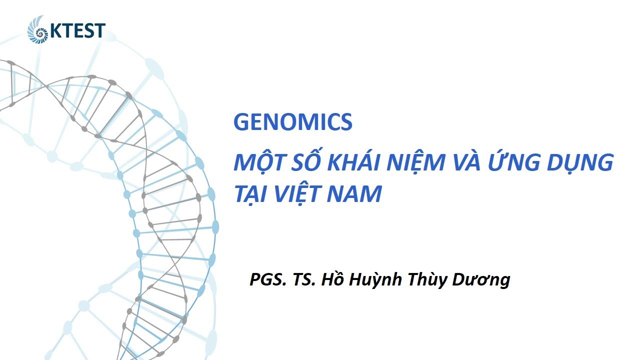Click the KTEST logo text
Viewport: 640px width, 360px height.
coord(77,31)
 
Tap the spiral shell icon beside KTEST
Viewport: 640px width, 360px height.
coord(38,29)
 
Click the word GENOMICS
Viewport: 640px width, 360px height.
coord(293,122)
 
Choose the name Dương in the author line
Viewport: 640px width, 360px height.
coord(481,280)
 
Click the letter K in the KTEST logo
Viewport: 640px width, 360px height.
coord(55,31)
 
